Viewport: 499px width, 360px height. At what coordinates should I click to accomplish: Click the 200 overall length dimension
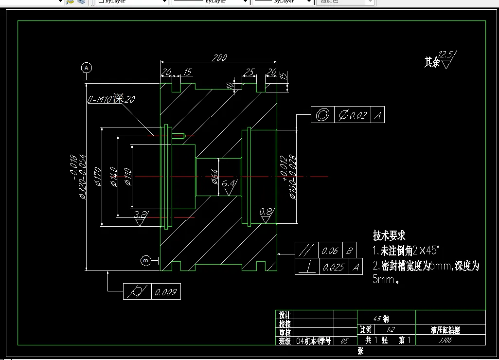click(219, 58)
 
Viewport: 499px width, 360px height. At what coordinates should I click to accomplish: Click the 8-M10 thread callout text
click(111, 99)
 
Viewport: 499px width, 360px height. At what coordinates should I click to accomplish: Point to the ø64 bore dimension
click(214, 177)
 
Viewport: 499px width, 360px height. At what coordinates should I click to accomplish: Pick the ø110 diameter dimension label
click(128, 177)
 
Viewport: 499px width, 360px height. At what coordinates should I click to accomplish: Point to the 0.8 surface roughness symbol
click(266, 215)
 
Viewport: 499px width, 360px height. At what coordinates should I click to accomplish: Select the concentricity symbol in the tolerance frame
click(322, 115)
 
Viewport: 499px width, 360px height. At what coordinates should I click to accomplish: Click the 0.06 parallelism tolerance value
click(330, 251)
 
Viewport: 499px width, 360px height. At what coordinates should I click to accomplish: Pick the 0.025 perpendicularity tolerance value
click(334, 267)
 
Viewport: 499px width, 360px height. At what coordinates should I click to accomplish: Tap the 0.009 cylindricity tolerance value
click(166, 292)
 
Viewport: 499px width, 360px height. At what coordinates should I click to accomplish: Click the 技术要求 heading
click(389, 236)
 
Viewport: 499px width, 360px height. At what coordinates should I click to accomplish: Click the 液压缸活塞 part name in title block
click(445, 330)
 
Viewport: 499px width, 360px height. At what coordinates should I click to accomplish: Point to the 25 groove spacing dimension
click(249, 72)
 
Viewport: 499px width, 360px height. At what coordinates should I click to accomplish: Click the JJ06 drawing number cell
click(445, 341)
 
